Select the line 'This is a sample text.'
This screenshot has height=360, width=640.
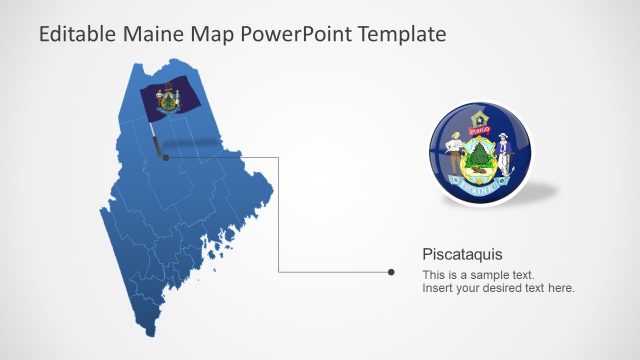pyautogui.click(x=478, y=274)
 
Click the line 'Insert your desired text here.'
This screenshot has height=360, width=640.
pyautogui.click(x=498, y=288)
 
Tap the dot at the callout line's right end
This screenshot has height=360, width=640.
pyautogui.click(x=391, y=271)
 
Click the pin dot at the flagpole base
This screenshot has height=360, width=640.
pyautogui.click(x=165, y=156)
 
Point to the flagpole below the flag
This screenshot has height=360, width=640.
pyautogui.click(x=158, y=135)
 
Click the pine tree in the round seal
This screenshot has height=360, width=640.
pyautogui.click(x=480, y=156)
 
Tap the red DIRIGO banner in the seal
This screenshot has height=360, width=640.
pyautogui.click(x=480, y=128)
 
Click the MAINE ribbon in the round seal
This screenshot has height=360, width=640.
pyautogui.click(x=481, y=183)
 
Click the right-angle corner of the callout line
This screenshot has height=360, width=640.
pyautogui.click(x=278, y=156)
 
